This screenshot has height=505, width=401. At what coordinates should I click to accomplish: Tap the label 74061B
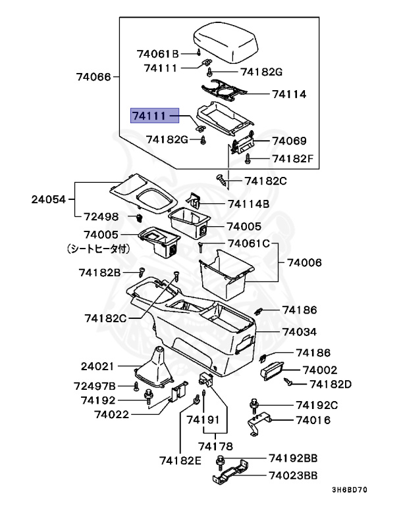(x=158, y=53)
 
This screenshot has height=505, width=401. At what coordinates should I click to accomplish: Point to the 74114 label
(x=289, y=94)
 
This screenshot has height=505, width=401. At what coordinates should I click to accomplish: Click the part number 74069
(x=289, y=141)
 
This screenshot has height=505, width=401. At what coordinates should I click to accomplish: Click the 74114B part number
(x=249, y=204)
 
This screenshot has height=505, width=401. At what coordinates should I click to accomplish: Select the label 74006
(x=304, y=262)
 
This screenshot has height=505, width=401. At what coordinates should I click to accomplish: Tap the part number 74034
(x=300, y=332)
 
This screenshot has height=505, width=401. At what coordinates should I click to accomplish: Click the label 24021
(x=98, y=366)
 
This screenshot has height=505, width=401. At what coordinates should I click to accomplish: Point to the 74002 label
(x=319, y=370)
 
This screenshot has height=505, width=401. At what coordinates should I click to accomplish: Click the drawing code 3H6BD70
(x=350, y=490)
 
